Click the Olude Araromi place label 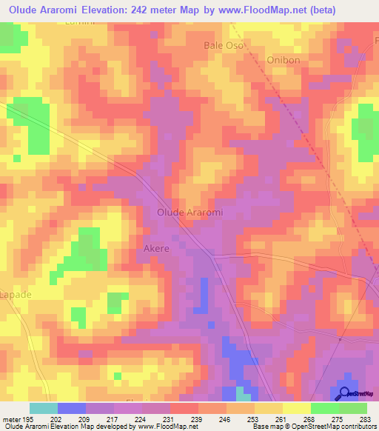pyautogui.click(x=190, y=213)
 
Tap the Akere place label pyautogui.click(x=156, y=250)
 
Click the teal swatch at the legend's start pyautogui.click(x=44, y=408)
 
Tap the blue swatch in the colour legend pyautogui.click(x=72, y=408)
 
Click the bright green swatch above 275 pyautogui.click(x=325, y=408)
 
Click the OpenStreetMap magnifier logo pyautogui.click(x=345, y=393)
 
